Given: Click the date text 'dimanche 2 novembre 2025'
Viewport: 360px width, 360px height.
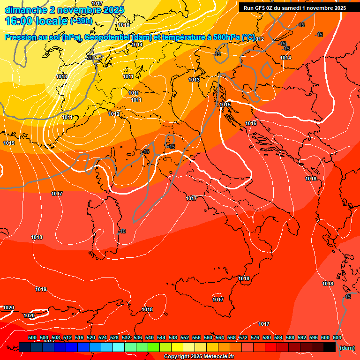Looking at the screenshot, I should [64, 10].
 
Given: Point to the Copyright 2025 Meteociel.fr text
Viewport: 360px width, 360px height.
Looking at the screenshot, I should [199, 357].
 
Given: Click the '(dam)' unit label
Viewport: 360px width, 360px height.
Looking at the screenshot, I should [347, 348].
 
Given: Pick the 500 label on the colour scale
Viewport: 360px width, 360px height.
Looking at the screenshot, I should [32, 337].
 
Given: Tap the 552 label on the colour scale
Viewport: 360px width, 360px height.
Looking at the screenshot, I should [185, 337].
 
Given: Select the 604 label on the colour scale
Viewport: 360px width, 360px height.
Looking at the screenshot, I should [337, 337].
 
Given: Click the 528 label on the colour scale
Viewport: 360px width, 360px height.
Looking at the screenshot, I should [114, 337].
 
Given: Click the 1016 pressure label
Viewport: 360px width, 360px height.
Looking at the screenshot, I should [251, 123].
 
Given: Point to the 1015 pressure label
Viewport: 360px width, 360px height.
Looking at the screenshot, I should [225, 105].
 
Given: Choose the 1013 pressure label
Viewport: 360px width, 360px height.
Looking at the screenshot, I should [194, 80].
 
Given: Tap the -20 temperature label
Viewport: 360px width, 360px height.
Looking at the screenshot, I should [90, 58].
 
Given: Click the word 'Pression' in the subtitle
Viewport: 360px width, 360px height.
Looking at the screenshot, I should [21, 37].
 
